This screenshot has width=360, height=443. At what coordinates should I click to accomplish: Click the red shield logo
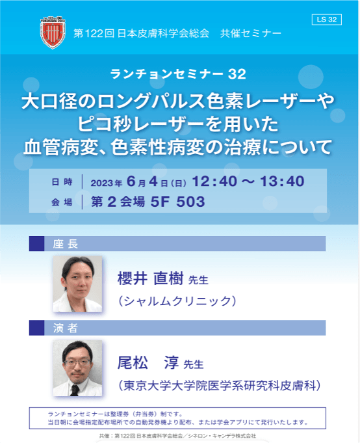pos(53,33)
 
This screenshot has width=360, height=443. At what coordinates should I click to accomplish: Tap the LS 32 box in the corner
pos(327,20)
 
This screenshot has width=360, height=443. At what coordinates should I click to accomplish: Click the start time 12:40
pos(214,181)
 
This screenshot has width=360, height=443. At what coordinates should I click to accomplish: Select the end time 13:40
pos(282,181)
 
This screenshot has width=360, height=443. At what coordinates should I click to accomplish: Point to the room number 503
pos(190,202)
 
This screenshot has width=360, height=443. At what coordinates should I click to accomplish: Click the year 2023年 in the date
pos(107,183)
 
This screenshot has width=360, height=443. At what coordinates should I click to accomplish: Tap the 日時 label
pos(62,181)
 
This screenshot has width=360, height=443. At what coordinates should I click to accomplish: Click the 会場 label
pos(62,202)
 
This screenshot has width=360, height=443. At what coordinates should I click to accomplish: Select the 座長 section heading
pos(66,243)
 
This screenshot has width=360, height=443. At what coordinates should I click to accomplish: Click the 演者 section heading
pos(66,328)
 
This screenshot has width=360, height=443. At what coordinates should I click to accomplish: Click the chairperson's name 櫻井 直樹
pos(150,278)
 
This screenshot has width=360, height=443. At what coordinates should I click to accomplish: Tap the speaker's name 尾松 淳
pos(148,362)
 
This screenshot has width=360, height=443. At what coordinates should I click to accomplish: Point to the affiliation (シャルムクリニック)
pos(177,301)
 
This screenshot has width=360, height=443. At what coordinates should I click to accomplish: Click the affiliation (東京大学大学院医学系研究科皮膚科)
pos(219,385)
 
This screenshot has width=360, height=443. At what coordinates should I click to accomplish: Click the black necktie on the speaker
pos(75,390)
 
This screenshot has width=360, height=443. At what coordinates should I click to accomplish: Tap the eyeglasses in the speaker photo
pos(77,362)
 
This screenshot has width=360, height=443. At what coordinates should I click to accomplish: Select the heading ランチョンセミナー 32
pos(178,74)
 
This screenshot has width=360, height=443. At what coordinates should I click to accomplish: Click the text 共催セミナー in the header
pos(251,33)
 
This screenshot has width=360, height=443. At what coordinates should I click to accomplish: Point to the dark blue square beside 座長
pos(36,243)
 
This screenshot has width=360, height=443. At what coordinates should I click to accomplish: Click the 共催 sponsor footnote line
pos(177,436)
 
